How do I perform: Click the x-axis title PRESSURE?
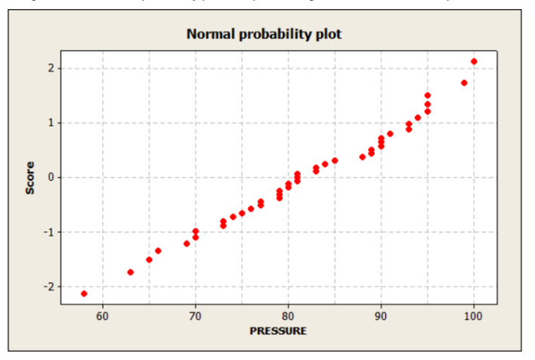(278, 331)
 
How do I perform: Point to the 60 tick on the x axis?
(103, 315)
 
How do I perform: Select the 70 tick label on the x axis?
(196, 315)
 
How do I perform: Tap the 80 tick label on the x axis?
(288, 315)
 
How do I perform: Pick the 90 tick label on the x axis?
(381, 315)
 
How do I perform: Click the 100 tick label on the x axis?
(474, 315)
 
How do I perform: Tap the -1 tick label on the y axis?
(47, 231)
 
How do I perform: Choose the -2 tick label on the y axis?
(47, 287)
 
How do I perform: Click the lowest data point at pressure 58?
(84, 293)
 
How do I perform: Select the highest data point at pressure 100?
(474, 61)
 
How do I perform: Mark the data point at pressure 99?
(464, 83)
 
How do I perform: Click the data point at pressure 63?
(131, 272)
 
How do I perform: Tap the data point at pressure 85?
(335, 160)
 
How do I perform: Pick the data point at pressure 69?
(187, 244)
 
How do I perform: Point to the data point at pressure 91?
(391, 134)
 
